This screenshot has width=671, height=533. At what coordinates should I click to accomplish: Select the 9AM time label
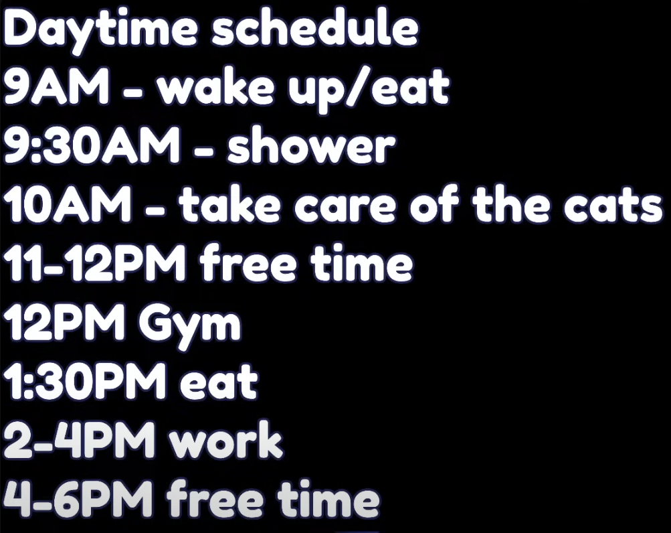tap(56, 86)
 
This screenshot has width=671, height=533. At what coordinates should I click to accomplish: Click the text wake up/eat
tap(304, 90)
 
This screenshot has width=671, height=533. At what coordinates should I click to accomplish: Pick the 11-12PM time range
tap(94, 263)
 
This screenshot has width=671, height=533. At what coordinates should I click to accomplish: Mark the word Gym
tap(189, 325)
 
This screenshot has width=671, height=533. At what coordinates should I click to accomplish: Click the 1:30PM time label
tap(84, 380)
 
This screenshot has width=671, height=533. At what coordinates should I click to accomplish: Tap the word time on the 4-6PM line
tap(328, 498)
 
